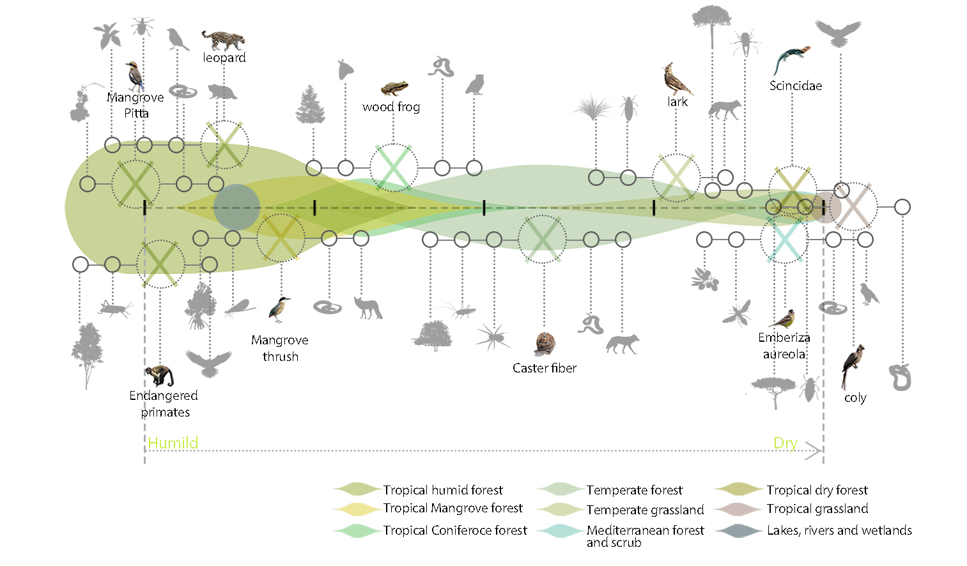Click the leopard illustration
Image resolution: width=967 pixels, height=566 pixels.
[223, 40]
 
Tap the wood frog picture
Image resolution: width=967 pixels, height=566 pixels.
[394, 88]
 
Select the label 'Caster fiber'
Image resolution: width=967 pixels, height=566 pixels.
[545, 368]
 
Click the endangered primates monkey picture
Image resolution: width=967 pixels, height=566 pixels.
[159, 376]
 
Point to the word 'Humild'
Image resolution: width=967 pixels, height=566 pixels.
[173, 443]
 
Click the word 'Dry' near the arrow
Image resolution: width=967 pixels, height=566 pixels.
[785, 443]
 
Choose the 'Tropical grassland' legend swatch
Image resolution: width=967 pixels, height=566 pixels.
[738, 510]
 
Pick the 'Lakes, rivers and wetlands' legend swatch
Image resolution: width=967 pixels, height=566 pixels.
[739, 531]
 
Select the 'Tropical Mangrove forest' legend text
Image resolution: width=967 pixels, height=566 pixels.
[453, 509]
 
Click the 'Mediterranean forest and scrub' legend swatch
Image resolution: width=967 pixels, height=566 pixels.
[559, 531]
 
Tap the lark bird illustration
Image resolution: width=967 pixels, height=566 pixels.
[676, 79]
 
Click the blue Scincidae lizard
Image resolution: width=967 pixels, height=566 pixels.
[791, 59]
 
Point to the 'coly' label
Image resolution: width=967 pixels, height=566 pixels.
[855, 398]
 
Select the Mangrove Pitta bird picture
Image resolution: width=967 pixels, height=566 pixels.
[135, 77]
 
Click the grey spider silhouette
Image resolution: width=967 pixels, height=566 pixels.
[493, 335]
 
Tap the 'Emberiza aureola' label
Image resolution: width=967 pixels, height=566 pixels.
[784, 346]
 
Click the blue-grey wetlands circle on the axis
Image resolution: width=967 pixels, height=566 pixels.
[236, 207]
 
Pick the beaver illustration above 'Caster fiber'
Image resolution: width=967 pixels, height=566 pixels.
[545, 344]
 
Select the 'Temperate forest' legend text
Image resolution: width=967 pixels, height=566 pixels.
[634, 490]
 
